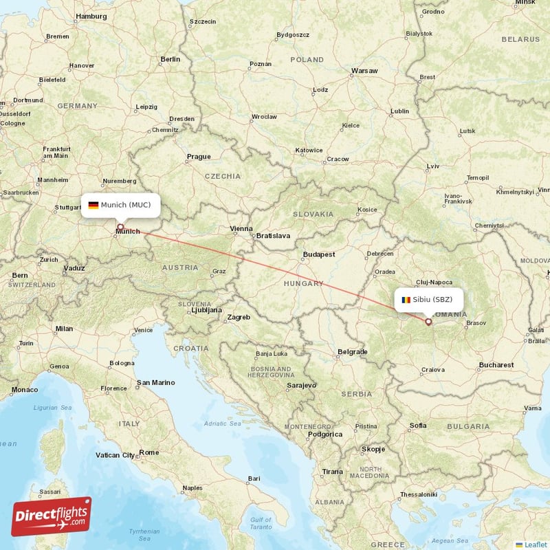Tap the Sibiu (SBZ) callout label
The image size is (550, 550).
(428, 300)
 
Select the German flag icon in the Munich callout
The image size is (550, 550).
(93, 205)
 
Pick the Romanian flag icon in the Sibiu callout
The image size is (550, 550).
(406, 300)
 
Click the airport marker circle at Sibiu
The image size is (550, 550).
(428, 321)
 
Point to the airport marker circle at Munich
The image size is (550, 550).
(120, 226)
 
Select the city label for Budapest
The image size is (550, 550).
(319, 254)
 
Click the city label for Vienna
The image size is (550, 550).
(241, 228)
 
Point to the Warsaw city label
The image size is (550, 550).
(364, 71)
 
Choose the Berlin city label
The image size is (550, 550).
(170, 60)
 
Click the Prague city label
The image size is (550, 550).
(199, 157)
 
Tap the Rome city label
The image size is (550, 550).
(148, 452)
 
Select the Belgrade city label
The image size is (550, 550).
(353, 351)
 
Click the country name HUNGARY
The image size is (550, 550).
(303, 283)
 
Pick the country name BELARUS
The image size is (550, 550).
(520, 39)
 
